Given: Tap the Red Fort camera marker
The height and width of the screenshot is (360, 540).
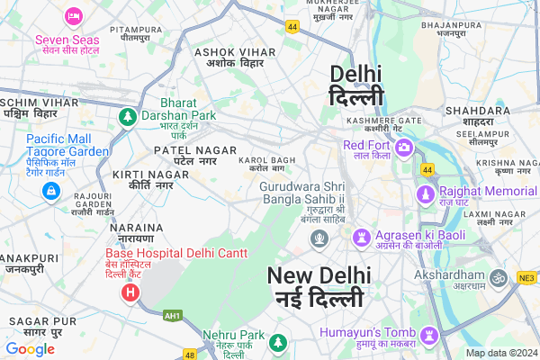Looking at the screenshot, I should click(x=404, y=147).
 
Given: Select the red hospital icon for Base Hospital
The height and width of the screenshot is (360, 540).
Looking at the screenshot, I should click(x=130, y=292).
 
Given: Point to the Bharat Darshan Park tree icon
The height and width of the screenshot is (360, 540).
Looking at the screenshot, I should click(x=128, y=117).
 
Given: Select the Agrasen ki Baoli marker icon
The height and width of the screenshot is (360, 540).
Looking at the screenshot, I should click(x=361, y=238).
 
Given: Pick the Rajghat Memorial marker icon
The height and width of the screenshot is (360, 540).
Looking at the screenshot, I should click(x=424, y=193).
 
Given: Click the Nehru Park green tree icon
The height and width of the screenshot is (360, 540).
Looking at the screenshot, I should click(x=279, y=343).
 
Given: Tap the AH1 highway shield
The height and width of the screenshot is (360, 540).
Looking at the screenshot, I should click(x=171, y=316).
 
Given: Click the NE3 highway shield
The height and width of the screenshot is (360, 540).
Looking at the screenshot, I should click(x=526, y=279).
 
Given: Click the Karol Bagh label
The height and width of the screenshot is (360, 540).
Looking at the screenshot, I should click(x=266, y=164).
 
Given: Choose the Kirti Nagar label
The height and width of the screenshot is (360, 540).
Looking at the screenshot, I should click(x=139, y=178).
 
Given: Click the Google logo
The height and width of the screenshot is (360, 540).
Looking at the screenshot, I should click(x=30, y=348).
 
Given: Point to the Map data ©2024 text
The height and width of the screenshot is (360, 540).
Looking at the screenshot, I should click(x=500, y=353).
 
